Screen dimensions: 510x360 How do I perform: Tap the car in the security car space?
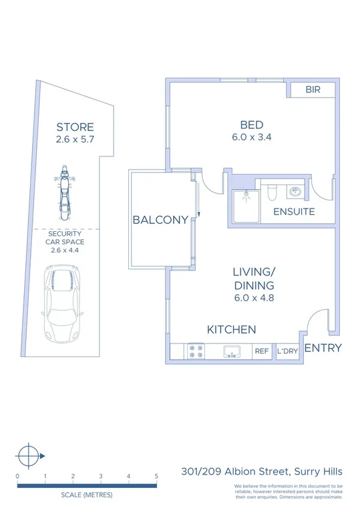point(61,303)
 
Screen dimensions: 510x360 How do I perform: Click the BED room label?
point(252,124)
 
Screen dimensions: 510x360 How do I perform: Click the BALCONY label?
point(160,220)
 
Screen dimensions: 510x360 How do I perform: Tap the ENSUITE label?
point(294,212)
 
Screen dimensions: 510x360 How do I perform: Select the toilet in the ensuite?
point(271,193)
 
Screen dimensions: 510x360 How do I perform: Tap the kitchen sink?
point(232,351)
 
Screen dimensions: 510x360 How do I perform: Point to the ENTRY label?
point(323,348)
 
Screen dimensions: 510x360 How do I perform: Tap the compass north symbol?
point(29,457)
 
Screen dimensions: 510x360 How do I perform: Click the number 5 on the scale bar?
point(156,476)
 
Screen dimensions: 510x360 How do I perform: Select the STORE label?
point(75,127)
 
